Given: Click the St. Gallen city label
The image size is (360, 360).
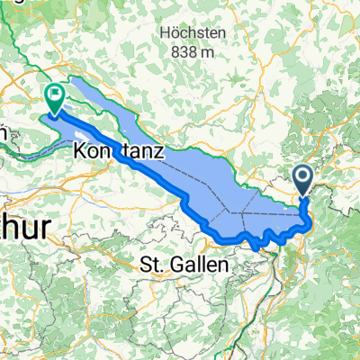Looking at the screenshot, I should coord(185,265).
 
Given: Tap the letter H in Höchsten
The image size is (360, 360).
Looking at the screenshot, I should coord(163,32).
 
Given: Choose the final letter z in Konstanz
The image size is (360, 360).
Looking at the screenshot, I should coord(157,154).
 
